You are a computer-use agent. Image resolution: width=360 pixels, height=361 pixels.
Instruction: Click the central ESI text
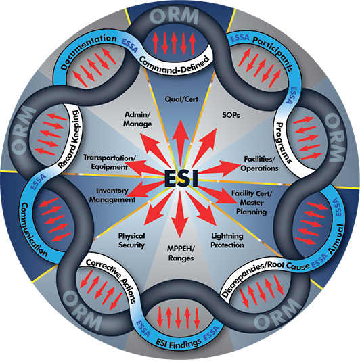181,178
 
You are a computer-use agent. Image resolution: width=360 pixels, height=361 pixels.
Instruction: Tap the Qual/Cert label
181,99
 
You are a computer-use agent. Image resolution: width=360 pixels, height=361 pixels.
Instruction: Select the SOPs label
231,115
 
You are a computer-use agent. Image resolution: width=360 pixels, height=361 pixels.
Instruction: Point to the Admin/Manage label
137,119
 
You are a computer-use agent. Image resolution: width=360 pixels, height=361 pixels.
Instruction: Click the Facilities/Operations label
260,164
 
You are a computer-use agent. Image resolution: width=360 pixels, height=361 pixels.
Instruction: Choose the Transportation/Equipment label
109,162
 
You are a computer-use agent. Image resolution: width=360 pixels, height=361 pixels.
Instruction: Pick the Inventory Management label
112,195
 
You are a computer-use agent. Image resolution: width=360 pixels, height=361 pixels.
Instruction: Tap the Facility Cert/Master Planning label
252,203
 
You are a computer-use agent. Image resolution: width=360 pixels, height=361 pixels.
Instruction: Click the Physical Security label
131,241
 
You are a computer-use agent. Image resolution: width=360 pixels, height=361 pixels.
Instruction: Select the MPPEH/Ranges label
181,254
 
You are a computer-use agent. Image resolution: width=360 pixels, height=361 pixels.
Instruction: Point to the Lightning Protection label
227,241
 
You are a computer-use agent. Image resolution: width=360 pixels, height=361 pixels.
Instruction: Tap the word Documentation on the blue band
88,51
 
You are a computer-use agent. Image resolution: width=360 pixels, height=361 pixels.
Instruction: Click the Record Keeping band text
69,139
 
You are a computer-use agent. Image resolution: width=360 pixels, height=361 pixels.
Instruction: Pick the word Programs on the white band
283,143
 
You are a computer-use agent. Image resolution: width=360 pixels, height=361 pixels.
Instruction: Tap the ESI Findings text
178,343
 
